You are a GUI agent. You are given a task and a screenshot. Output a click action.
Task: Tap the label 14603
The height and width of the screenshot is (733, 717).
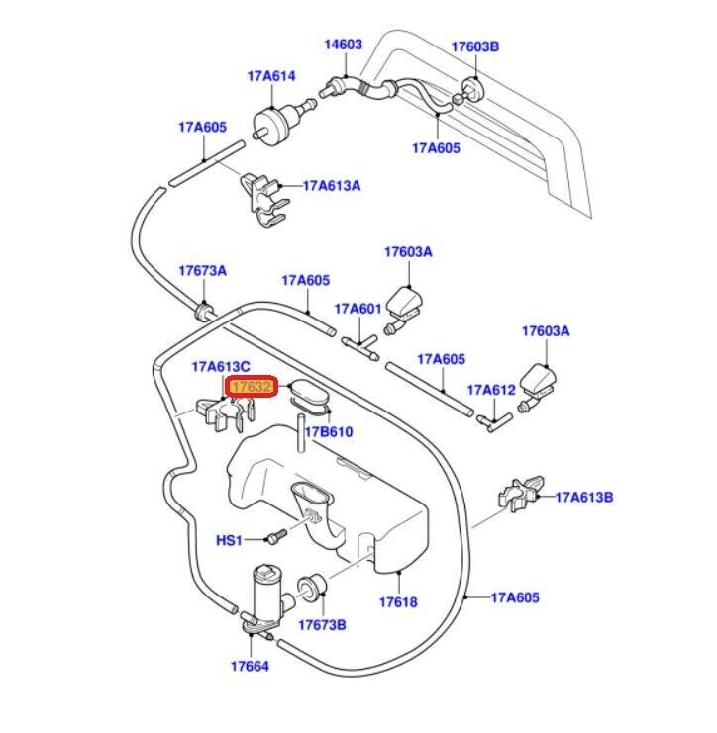pos(344,45)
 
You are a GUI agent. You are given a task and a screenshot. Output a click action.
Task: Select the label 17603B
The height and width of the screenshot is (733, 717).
pos(475,46)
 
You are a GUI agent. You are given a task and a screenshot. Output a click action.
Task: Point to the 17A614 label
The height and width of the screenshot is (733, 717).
pos(271,75)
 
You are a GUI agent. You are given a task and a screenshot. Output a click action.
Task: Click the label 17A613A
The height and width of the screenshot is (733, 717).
pos(332,185)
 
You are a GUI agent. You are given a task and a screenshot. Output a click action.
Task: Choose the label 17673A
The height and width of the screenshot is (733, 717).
pos(202,271)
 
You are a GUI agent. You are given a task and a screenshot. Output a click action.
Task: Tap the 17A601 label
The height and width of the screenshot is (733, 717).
pos(358,309)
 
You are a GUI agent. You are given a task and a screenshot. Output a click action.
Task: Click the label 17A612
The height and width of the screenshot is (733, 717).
pos(492,390)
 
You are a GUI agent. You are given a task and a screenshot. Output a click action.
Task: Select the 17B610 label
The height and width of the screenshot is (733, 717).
pos(329,432)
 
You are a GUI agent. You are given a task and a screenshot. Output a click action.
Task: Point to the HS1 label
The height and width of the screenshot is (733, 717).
pos(229,540)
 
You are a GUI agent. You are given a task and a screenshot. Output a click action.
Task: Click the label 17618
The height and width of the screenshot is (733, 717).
pos(398,601)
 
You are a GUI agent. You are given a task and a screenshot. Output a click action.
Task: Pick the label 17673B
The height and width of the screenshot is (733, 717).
pos(322,625)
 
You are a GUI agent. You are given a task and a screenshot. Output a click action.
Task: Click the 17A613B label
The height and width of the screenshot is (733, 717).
pos(584,497)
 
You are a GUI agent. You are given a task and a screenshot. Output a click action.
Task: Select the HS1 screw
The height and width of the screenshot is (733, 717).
pos(275,536)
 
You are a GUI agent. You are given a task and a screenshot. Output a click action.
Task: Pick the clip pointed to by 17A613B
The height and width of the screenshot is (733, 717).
pos(520,492)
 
